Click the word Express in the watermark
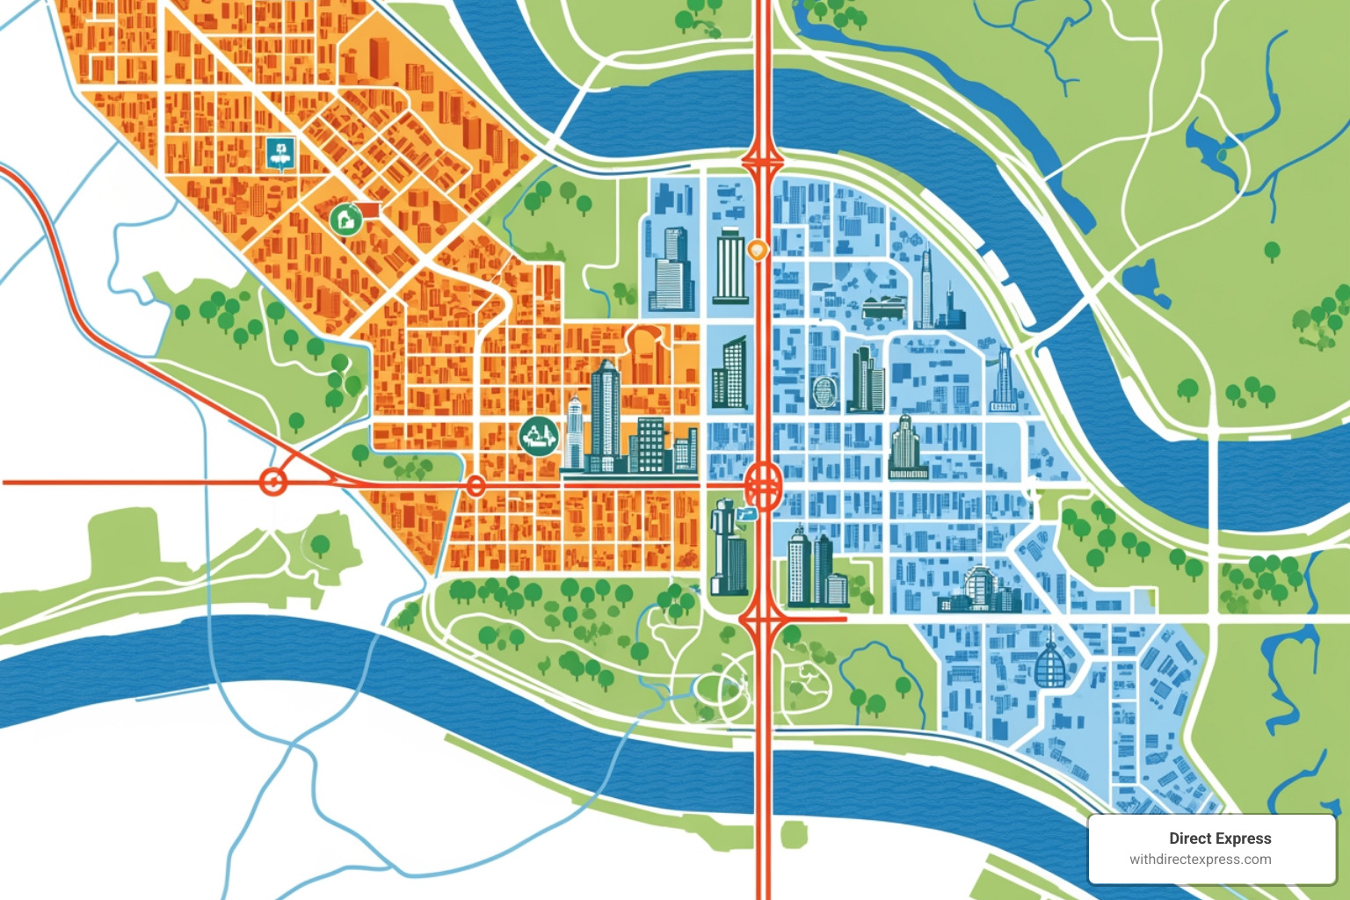1242,838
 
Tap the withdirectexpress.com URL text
1200,860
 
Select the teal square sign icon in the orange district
280,153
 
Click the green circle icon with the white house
345,217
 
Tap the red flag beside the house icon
368,209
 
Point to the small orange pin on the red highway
757,250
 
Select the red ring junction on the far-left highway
272,482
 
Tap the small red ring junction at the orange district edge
475,485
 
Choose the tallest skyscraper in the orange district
606,413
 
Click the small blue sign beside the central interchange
748,514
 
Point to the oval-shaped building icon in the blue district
824,392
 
